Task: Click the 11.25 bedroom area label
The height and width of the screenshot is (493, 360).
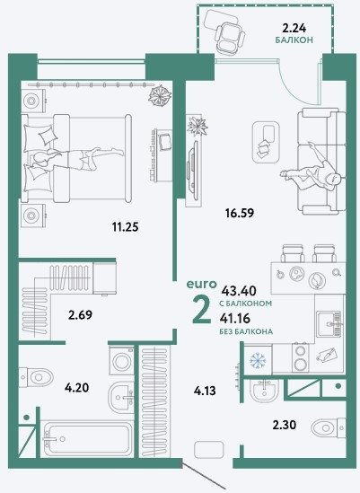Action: (126, 226)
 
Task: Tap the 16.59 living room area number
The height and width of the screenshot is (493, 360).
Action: (240, 213)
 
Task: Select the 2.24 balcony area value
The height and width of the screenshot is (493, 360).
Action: (294, 29)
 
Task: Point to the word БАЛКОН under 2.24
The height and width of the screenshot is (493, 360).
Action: (294, 40)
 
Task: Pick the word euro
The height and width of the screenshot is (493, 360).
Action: (202, 285)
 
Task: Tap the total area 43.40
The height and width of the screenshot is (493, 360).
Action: (239, 291)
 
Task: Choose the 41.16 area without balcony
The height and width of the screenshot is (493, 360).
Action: (235, 318)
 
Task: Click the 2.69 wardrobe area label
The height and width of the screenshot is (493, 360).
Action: (80, 314)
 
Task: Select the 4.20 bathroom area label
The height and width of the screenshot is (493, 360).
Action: (76, 388)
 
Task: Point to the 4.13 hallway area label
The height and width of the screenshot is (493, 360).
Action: (205, 391)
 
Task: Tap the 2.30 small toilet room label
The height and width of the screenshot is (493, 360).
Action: (285, 425)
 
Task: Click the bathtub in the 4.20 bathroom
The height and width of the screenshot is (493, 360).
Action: (88, 438)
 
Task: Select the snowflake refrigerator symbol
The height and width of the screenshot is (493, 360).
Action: (258, 360)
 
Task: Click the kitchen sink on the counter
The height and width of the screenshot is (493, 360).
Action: (329, 324)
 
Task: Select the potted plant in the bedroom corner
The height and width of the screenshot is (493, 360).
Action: (160, 96)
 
